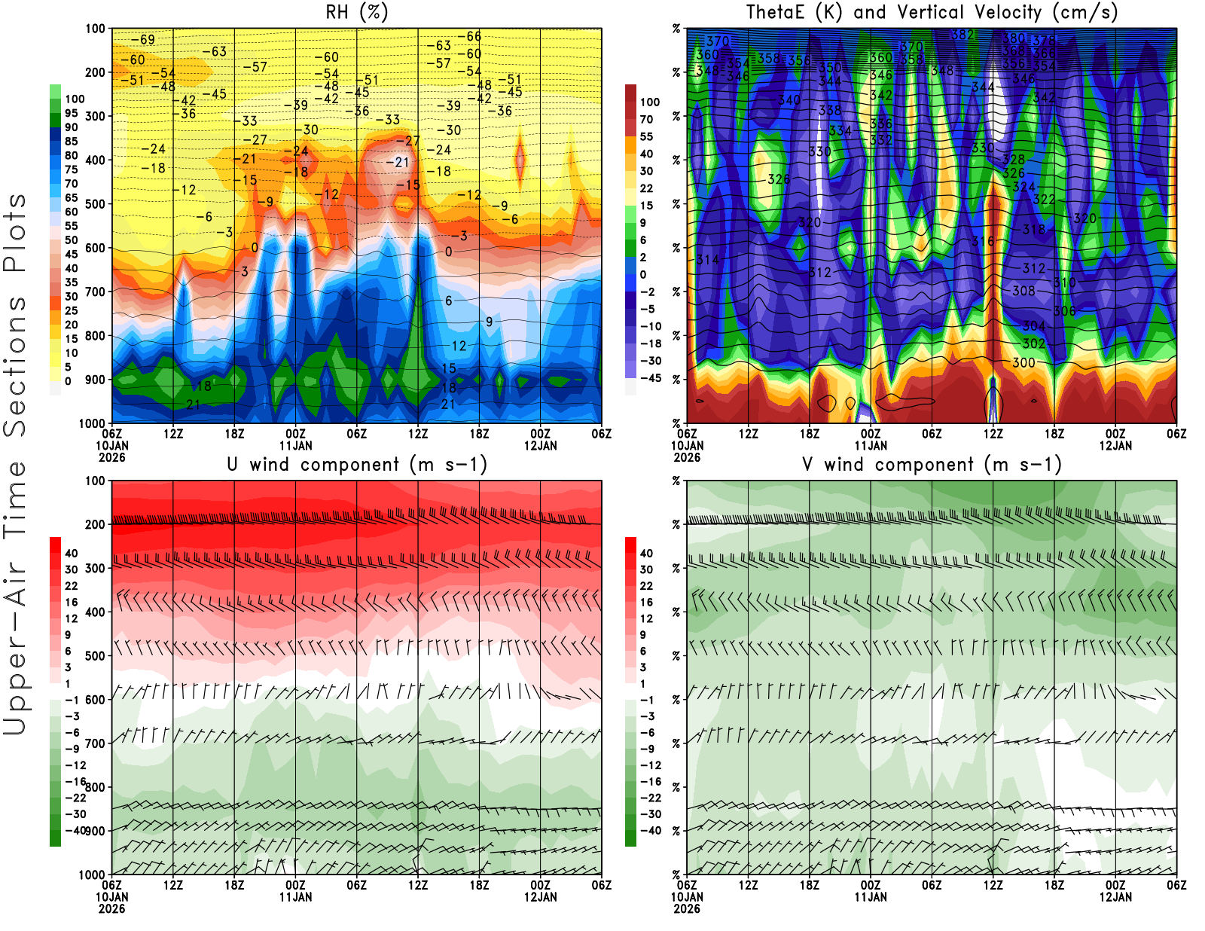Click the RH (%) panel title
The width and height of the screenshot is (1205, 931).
[356, 13]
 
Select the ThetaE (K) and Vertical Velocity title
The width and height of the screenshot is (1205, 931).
[932, 13]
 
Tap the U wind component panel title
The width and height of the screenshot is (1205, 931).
[356, 465]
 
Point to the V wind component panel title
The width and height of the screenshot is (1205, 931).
[932, 465]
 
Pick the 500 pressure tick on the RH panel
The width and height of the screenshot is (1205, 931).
[96, 204]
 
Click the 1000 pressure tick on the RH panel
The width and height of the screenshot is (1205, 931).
[93, 423]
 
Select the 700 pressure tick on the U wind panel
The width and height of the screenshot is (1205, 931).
[96, 743]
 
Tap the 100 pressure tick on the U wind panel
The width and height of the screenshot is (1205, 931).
[96, 481]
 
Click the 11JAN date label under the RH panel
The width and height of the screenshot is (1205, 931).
[295, 445]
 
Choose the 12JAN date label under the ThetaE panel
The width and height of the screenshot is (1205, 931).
[1115, 445]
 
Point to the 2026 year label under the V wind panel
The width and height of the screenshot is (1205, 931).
[686, 908]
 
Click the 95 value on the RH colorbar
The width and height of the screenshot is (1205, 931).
[72, 114]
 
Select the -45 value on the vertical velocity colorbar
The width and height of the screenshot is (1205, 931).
[650, 378]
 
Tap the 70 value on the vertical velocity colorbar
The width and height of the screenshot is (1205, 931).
[646, 119]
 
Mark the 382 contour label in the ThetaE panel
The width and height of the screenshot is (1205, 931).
[962, 35]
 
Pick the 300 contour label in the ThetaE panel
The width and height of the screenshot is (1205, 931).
[1023, 362]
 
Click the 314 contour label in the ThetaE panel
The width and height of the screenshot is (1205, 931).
[707, 260]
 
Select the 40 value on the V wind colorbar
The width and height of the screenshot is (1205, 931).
[646, 553]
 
